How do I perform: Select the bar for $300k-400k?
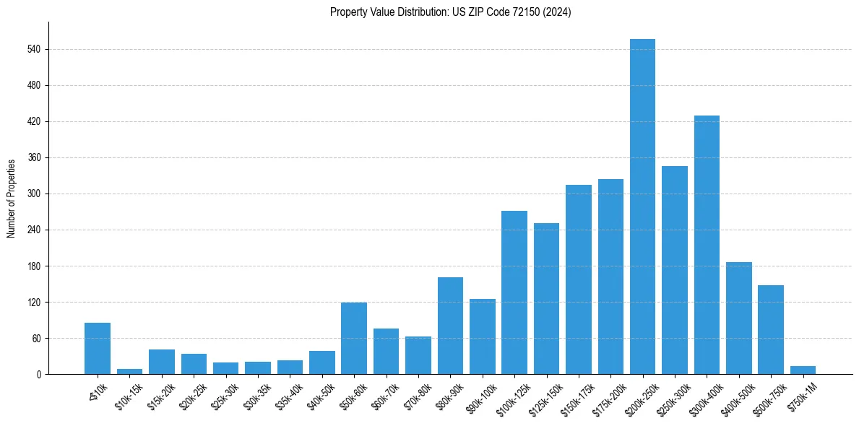click(x=707, y=245)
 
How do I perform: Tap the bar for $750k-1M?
click(x=803, y=370)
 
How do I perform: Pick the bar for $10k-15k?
click(x=129, y=371)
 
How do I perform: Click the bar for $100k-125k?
click(x=514, y=292)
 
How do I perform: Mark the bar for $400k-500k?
click(x=738, y=318)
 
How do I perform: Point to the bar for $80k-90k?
click(x=450, y=326)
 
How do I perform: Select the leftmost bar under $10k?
click(x=98, y=348)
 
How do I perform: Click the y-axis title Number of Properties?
click(x=11, y=198)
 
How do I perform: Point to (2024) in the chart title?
click(x=558, y=12)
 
